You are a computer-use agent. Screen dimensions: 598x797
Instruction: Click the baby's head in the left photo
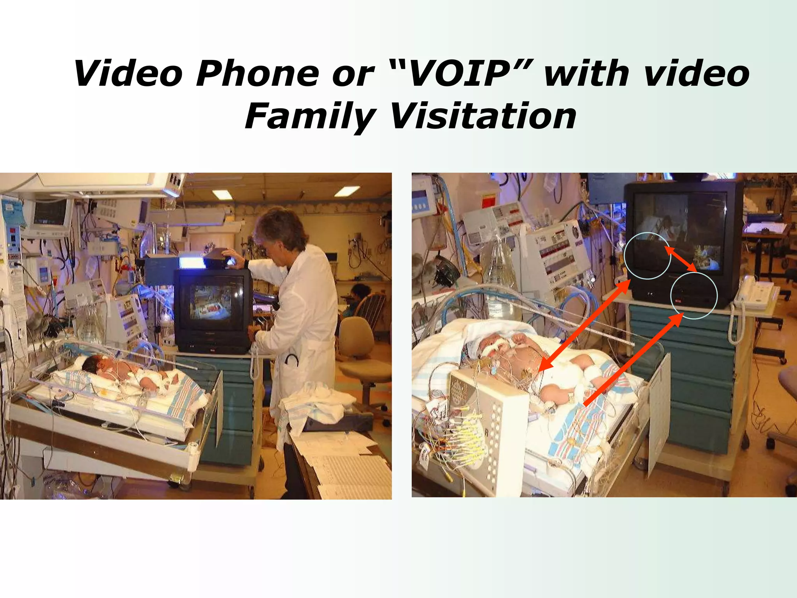click(x=91, y=364)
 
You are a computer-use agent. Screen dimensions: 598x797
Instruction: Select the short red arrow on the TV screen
click(x=681, y=259)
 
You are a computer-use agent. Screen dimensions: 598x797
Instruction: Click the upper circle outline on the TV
click(x=647, y=255)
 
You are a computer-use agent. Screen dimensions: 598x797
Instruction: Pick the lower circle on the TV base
click(x=693, y=295)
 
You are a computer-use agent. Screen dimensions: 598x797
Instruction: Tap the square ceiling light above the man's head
click(x=347, y=191)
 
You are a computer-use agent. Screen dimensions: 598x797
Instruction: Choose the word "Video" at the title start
click(x=128, y=74)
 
